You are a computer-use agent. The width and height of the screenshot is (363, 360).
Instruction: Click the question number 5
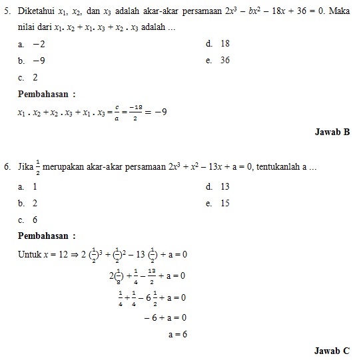click(7, 11)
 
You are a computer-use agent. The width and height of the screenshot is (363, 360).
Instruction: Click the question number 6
click(7, 166)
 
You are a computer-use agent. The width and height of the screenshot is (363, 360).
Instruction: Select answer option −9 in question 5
click(38, 60)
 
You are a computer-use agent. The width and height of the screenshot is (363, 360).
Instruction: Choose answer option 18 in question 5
click(224, 43)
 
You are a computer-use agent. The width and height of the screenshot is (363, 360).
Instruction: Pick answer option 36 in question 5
click(224, 60)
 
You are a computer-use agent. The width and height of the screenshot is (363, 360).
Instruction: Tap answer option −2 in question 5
click(38, 43)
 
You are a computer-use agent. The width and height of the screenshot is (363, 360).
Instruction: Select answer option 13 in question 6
click(224, 187)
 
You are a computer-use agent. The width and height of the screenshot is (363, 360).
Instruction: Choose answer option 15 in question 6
click(224, 203)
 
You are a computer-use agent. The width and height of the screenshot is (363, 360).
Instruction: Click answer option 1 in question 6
click(35, 187)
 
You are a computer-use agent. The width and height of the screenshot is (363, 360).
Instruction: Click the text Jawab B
click(332, 132)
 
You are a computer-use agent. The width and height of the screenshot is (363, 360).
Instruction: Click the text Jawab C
click(332, 350)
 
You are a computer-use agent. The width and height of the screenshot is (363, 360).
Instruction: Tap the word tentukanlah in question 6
click(278, 166)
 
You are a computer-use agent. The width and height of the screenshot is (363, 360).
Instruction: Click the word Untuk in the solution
click(29, 254)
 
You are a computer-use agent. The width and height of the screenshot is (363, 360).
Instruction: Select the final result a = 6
click(177, 334)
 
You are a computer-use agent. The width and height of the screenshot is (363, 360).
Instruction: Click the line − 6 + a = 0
click(165, 317)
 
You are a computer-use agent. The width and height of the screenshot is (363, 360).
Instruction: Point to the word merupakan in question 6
click(63, 166)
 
